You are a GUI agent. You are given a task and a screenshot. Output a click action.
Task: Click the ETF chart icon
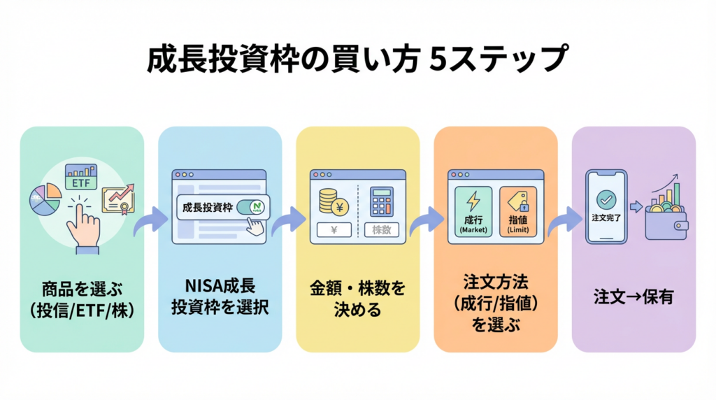pos(81,177)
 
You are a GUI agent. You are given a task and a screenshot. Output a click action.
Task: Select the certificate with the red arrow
pos(118,199)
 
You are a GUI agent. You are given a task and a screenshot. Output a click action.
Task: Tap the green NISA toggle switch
pos(251,207)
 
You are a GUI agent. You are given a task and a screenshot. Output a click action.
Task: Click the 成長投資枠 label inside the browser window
pos(208,208)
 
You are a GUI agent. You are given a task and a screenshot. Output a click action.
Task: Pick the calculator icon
pos(381,201)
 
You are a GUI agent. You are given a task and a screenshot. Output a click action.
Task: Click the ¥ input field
pos(334,229)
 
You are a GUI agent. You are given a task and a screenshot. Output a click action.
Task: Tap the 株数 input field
pos(381,229)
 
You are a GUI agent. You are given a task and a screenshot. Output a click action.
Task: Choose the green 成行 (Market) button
pos(473,211)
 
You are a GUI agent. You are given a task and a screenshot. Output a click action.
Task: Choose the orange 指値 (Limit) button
pos(518,211)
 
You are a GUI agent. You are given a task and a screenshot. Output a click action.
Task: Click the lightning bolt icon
pos(473,201)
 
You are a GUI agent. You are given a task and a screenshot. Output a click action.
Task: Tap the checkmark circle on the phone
pos(606,199)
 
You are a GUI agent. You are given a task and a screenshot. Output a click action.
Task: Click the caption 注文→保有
pos(633,297)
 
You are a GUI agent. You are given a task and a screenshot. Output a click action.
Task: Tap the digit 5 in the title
pos(438,59)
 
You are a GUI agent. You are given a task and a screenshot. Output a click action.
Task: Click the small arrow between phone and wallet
pos(636,207)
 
